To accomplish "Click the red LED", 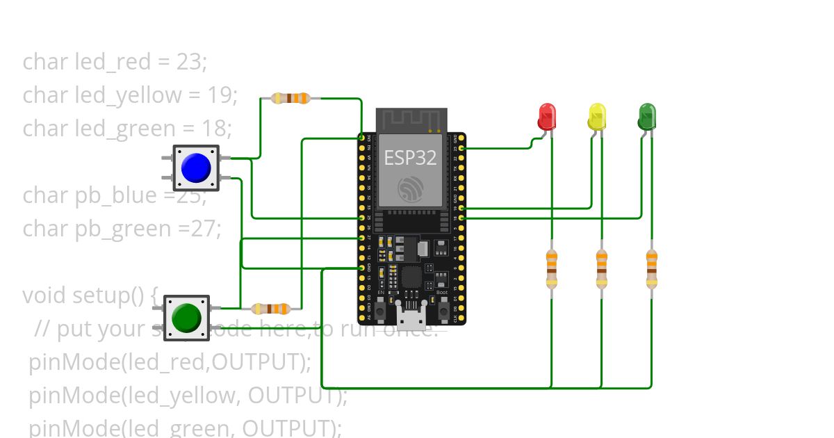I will click(547, 116).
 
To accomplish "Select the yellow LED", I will click(597, 116).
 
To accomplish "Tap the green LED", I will click(647, 116).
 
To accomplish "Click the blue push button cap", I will click(195, 168).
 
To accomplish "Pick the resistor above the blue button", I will click(291, 98).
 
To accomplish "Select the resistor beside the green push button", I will click(270, 309).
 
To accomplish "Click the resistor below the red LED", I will click(551, 270).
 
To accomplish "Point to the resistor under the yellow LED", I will click(601, 270).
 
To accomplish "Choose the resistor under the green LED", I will click(651, 270).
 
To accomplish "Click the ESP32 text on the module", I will click(411, 157).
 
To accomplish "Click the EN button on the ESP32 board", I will click(381, 306).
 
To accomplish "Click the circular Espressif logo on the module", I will click(411, 188).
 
